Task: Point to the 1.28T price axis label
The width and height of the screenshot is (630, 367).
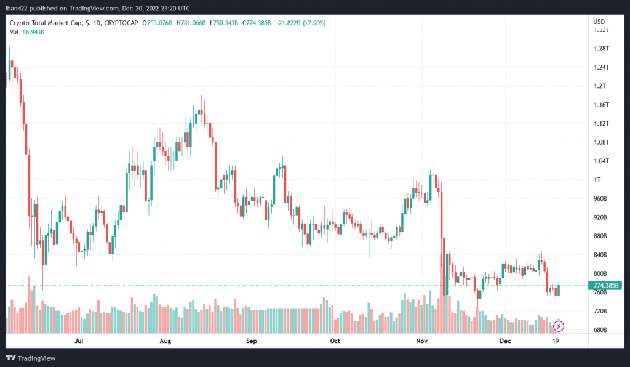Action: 600,49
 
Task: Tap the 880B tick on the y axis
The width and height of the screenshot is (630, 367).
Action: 599,236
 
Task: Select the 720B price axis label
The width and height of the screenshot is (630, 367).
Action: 599,312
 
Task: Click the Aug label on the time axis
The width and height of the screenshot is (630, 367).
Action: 164,340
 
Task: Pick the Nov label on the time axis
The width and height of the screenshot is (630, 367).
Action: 421,340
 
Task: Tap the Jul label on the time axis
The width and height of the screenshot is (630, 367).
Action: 78,340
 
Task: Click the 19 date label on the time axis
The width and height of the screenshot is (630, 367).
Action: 556,340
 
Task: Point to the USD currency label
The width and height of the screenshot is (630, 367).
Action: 599,22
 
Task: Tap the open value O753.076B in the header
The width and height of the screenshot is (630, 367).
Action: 157,23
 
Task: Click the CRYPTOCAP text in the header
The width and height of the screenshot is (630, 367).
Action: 121,23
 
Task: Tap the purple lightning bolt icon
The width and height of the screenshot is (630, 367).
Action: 560,325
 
